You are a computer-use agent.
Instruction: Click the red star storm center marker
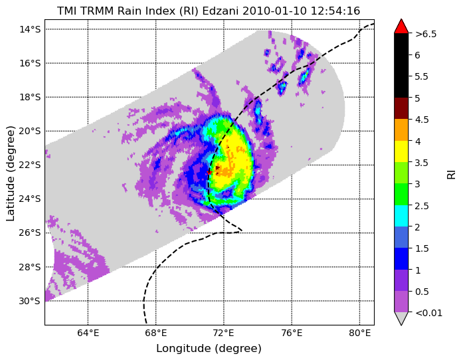click(x=209, y=172)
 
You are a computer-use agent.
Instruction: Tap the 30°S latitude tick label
click(x=29, y=301)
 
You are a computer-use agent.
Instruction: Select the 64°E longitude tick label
click(x=88, y=333)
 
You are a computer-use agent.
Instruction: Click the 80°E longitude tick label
click(x=359, y=333)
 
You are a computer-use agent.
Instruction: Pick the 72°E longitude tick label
click(x=223, y=333)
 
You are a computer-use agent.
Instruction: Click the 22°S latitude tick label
click(x=29, y=165)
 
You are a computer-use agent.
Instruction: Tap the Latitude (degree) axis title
click(x=11, y=173)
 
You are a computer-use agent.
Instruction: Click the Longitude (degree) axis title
click(x=209, y=349)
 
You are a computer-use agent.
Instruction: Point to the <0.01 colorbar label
click(x=428, y=313)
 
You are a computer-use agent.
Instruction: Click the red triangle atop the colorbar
click(x=401, y=27)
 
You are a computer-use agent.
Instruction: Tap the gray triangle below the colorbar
click(x=401, y=318)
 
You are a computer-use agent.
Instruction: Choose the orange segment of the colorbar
click(x=401, y=130)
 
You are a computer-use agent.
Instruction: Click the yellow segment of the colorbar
click(x=401, y=151)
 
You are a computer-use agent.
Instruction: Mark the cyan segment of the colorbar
click(x=401, y=216)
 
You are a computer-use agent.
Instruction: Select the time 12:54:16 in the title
click(x=335, y=11)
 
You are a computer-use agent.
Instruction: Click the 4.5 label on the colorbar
click(x=422, y=120)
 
